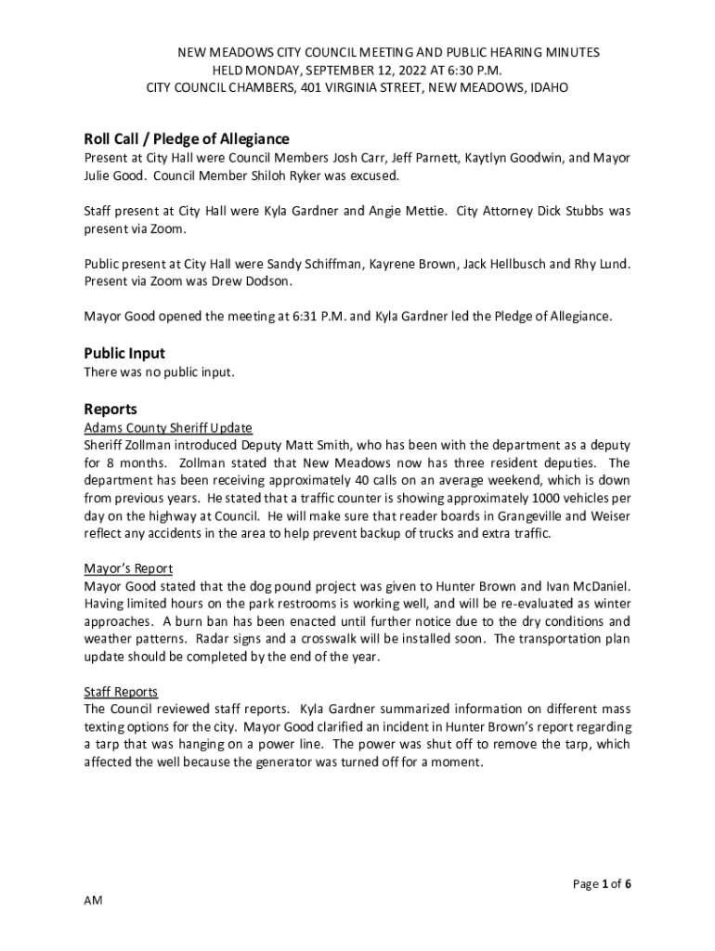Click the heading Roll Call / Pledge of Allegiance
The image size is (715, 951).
coord(187,139)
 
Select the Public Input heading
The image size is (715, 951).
coord(124,353)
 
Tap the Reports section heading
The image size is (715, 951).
coord(110,409)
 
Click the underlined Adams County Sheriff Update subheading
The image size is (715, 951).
coord(168,428)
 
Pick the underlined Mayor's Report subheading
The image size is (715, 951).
coord(128,568)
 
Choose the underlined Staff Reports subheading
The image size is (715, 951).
coord(121,692)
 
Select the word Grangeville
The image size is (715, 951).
coord(519,516)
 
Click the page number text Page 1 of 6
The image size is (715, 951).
coord(602,884)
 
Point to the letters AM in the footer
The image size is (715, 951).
coord(93,902)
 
